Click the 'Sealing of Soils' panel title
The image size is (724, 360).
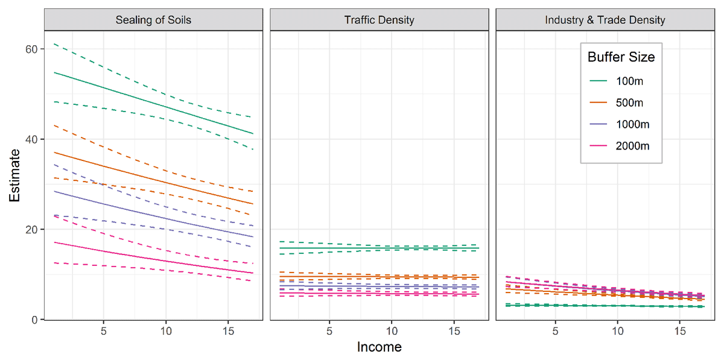click(153, 20)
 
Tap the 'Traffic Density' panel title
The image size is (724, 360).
click(379, 20)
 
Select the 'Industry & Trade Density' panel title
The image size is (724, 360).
click(605, 20)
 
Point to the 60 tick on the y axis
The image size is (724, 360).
click(31, 49)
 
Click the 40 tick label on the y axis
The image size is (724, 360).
click(31, 139)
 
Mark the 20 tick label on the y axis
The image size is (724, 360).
click(31, 229)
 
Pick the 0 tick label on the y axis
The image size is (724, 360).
click(34, 320)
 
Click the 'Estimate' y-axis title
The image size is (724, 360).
click(14, 175)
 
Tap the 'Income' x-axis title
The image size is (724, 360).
click(379, 347)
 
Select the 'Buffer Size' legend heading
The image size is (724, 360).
click(621, 57)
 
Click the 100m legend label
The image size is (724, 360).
click(629, 81)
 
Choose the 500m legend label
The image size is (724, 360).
click(629, 103)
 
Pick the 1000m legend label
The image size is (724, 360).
click(632, 124)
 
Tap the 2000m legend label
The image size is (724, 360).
click(632, 146)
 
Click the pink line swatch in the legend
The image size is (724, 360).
click(599, 146)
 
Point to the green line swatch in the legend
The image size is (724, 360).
click(599, 81)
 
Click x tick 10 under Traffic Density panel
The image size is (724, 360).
click(392, 331)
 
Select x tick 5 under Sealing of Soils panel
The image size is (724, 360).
click(103, 331)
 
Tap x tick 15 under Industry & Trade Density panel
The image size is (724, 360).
click(680, 331)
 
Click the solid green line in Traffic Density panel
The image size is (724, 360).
click(379, 248)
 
